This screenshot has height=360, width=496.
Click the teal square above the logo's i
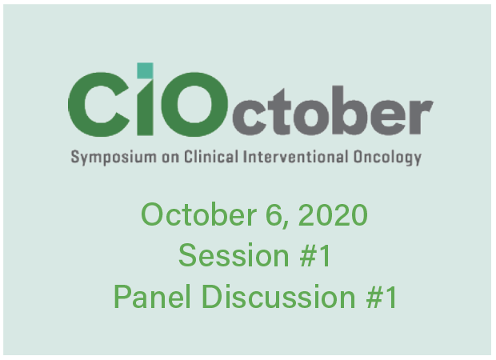click(x=145, y=70)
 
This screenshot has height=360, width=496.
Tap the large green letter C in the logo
click(x=98, y=104)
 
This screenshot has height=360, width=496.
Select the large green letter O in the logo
click(x=194, y=104)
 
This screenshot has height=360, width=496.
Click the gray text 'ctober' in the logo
click(x=333, y=110)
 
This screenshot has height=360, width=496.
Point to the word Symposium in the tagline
click(x=114, y=158)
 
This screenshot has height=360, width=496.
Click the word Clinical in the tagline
click(x=211, y=156)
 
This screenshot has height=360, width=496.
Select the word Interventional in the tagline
click(x=296, y=156)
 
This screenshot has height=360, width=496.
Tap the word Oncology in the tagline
click(x=387, y=158)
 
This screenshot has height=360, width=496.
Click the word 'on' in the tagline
click(x=170, y=158)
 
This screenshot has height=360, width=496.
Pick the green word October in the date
click(x=198, y=214)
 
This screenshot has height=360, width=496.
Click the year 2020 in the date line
click(x=333, y=214)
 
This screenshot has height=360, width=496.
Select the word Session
click(x=234, y=255)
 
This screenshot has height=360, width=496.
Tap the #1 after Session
click(x=315, y=255)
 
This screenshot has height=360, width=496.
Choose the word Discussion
click(x=278, y=296)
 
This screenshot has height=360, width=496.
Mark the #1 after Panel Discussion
click(x=382, y=296)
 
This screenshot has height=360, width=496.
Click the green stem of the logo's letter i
click(x=145, y=107)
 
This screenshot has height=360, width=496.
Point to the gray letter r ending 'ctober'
click(x=422, y=117)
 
